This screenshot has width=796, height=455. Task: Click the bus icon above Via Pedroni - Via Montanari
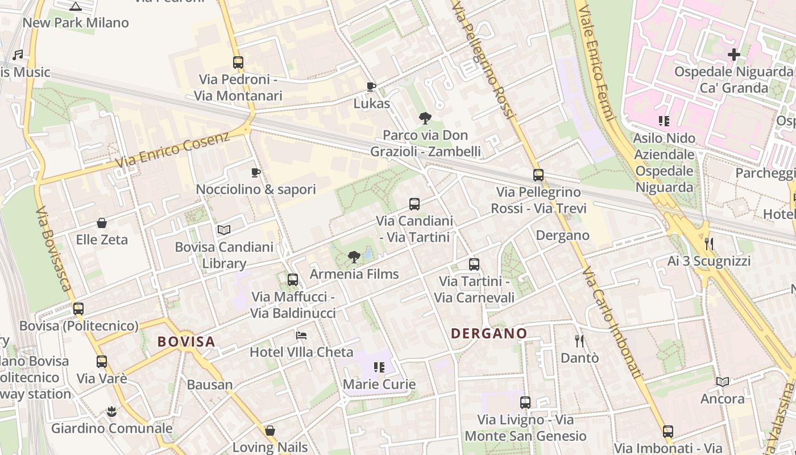tap(238, 62)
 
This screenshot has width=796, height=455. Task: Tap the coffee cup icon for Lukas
tap(371, 86)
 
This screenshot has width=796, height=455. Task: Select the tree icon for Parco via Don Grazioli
tap(425, 118)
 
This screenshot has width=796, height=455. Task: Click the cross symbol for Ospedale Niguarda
tap(734, 55)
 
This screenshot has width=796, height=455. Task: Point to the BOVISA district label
tap(186, 342)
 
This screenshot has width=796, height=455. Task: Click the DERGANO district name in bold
tap(489, 333)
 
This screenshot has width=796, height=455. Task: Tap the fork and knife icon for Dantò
tap(579, 341)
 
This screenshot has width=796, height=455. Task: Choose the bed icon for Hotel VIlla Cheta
tap(301, 336)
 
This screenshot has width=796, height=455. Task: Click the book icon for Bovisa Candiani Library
tap(224, 230)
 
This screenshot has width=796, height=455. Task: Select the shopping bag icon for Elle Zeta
tap(102, 223)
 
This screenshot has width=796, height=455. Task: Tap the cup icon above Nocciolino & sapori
tap(256, 172)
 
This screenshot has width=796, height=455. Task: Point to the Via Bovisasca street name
tap(54, 248)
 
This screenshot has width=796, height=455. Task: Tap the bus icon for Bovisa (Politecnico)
tap(78, 309)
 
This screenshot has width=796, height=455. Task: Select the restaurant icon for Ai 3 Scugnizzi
tap(708, 244)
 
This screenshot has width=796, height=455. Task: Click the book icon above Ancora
tap(723, 382)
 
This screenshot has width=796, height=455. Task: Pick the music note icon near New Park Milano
tap(18, 55)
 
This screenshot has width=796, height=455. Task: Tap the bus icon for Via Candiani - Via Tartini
tap(414, 204)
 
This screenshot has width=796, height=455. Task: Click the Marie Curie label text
tap(379, 384)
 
